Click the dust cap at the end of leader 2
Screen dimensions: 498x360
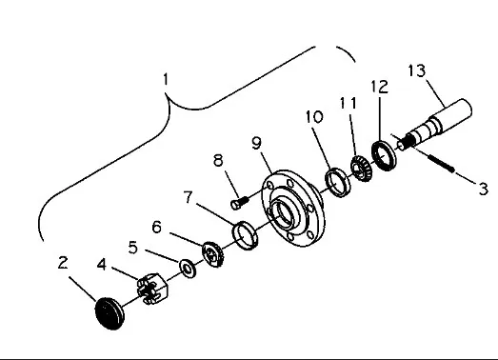tap(110, 313)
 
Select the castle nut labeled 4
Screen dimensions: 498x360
tap(152, 289)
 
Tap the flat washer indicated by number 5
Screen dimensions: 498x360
tap(188, 269)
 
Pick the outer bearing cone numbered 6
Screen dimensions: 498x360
tap(213, 254)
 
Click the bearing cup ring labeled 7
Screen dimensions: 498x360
tap(245, 235)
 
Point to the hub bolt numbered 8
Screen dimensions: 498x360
tap(239, 203)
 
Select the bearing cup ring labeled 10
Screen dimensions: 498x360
tap(339, 183)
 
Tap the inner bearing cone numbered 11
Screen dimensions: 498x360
tap(361, 169)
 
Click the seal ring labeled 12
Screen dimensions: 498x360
tap(384, 155)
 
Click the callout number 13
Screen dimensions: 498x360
tap(416, 70)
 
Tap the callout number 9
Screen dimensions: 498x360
tap(256, 143)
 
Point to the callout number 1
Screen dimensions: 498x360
tap(165, 79)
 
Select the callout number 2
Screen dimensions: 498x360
tap(63, 263)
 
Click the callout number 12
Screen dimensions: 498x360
tap(380, 87)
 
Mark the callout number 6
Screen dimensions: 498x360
tap(156, 228)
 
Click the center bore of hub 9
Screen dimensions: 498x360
tap(284, 211)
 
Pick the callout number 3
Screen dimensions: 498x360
tap(483, 190)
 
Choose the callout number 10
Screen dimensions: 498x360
tap(314, 116)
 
